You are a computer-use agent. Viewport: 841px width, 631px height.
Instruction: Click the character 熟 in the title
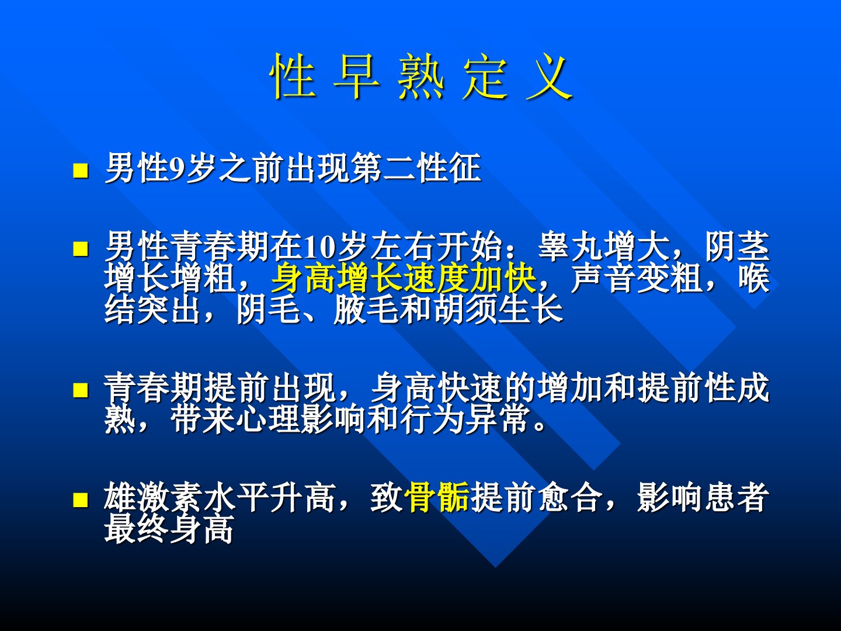pyautogui.click(x=420, y=76)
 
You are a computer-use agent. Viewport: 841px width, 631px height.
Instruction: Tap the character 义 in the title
pyautogui.click(x=548, y=76)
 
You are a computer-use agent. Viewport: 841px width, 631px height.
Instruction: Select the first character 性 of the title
pyautogui.click(x=293, y=76)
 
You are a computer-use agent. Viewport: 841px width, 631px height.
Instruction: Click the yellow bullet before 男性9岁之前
pyautogui.click(x=81, y=171)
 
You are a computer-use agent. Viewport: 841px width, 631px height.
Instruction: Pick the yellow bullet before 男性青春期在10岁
pyautogui.click(x=81, y=249)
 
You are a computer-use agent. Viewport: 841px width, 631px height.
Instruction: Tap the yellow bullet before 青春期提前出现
pyautogui.click(x=81, y=390)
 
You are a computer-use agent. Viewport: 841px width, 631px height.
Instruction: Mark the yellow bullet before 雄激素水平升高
pyautogui.click(x=81, y=500)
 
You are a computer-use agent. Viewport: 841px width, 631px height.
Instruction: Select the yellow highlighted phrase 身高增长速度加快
pyautogui.click(x=404, y=278)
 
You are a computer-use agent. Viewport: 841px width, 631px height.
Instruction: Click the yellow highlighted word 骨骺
pyautogui.click(x=437, y=497)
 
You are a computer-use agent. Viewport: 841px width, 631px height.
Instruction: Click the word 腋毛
pyautogui.click(x=366, y=309)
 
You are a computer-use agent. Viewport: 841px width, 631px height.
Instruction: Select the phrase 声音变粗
pyautogui.click(x=637, y=278)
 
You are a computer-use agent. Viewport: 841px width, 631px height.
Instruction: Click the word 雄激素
pyautogui.click(x=153, y=497)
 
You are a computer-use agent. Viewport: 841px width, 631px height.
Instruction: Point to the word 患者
pyautogui.click(x=736, y=497)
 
